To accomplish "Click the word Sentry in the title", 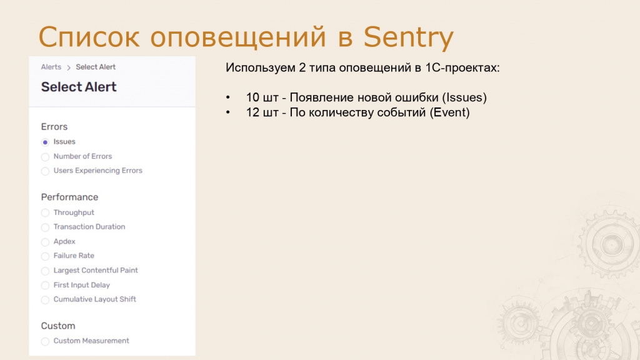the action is click(x=408, y=37).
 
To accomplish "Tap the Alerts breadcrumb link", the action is click(x=51, y=67).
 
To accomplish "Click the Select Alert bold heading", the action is click(x=79, y=87).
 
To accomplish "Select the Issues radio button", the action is click(x=45, y=142).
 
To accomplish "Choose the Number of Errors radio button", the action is click(x=45, y=157).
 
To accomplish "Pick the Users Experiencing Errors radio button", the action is click(x=45, y=171).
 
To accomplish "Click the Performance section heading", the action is click(x=69, y=197).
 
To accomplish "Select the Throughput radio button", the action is click(x=45, y=212).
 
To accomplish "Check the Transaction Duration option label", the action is click(x=89, y=227).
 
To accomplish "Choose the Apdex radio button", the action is click(x=45, y=242).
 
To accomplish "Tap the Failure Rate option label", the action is click(x=74, y=256).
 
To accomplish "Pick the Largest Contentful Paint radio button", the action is click(x=45, y=271).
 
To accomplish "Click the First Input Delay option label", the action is click(x=82, y=285).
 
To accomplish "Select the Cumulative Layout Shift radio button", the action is click(x=45, y=300).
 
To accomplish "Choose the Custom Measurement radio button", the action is click(x=45, y=341).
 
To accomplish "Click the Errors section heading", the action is click(x=54, y=126).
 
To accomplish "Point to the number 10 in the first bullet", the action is click(x=252, y=97).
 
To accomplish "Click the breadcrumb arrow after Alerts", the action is click(x=69, y=67).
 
